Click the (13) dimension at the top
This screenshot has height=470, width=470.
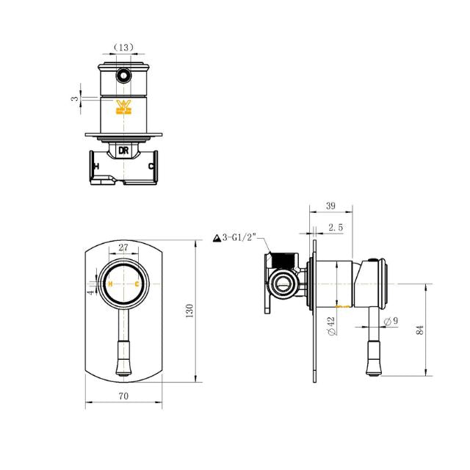click(123, 48)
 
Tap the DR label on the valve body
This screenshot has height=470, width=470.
click(123, 151)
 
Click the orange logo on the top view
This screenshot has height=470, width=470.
click(123, 109)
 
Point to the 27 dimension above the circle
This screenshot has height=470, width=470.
click(123, 248)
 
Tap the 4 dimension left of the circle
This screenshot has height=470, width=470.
click(91, 292)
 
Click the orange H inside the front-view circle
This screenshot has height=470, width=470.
click(110, 283)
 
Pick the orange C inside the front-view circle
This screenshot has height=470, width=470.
click(137, 283)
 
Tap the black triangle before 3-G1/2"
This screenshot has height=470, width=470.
click(217, 238)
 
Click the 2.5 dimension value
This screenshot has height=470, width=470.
click(336, 228)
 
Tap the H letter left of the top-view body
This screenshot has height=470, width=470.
click(95, 166)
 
